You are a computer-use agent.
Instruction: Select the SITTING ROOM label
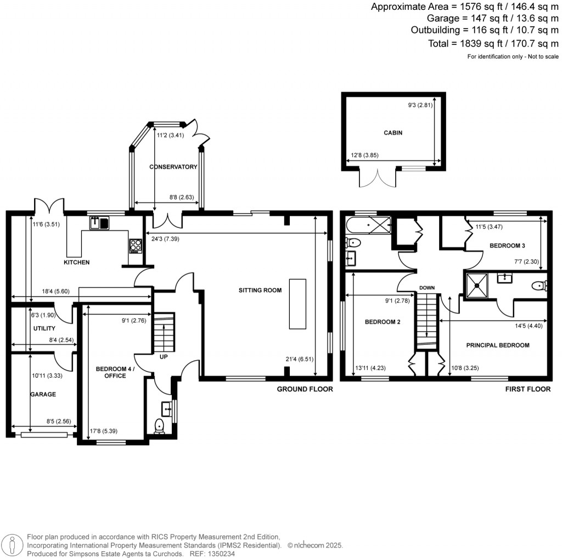pyautogui.click(x=260, y=290)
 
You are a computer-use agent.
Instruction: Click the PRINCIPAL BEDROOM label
pyautogui.click(x=498, y=345)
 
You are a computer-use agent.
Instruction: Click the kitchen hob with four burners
pyautogui.click(x=135, y=245)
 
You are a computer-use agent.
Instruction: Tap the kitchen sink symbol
pyautogui.click(x=99, y=222)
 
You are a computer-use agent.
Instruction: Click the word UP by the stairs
pyautogui.click(x=164, y=356)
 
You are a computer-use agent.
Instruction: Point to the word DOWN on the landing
pyautogui.click(x=427, y=288)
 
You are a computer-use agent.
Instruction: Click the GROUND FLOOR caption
pyautogui.click(x=305, y=389)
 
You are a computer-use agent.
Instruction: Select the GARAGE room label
pyautogui.click(x=43, y=394)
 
